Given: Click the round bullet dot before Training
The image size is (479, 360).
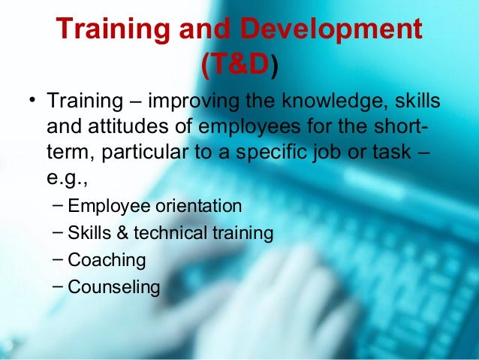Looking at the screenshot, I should point(32,101).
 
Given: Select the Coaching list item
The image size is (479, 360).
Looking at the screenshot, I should point(107,260).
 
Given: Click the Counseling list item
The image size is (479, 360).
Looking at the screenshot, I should point(113,286).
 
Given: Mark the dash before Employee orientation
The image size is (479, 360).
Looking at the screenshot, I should point(59,205).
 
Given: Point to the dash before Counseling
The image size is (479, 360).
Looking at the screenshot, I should point(59,286).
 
